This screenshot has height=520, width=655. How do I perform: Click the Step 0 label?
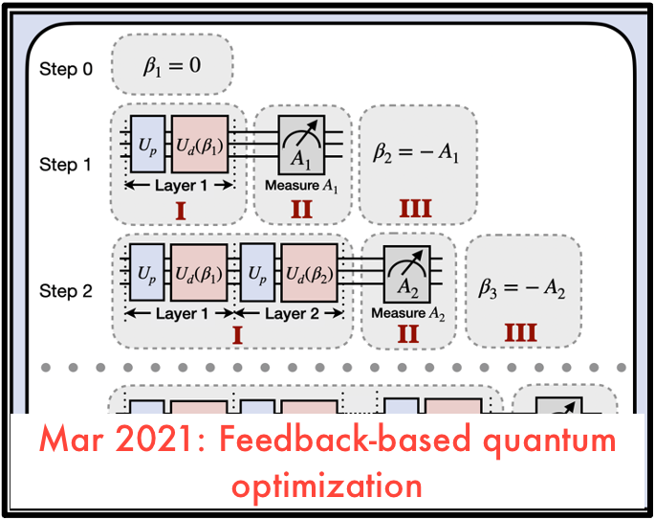(x=66, y=69)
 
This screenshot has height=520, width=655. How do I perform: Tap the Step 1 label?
(x=66, y=164)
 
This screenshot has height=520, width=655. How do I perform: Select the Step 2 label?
(x=66, y=290)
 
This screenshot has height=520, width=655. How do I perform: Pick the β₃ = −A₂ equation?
(x=522, y=289)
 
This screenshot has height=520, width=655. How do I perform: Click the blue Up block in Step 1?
(x=148, y=144)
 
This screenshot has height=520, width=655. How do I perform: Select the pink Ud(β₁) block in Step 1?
(x=200, y=144)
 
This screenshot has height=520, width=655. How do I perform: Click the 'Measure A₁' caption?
(x=301, y=185)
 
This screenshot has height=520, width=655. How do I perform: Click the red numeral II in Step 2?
(x=408, y=334)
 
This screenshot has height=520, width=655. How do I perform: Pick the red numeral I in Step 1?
(x=177, y=209)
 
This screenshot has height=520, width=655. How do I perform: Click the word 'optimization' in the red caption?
(x=327, y=484)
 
